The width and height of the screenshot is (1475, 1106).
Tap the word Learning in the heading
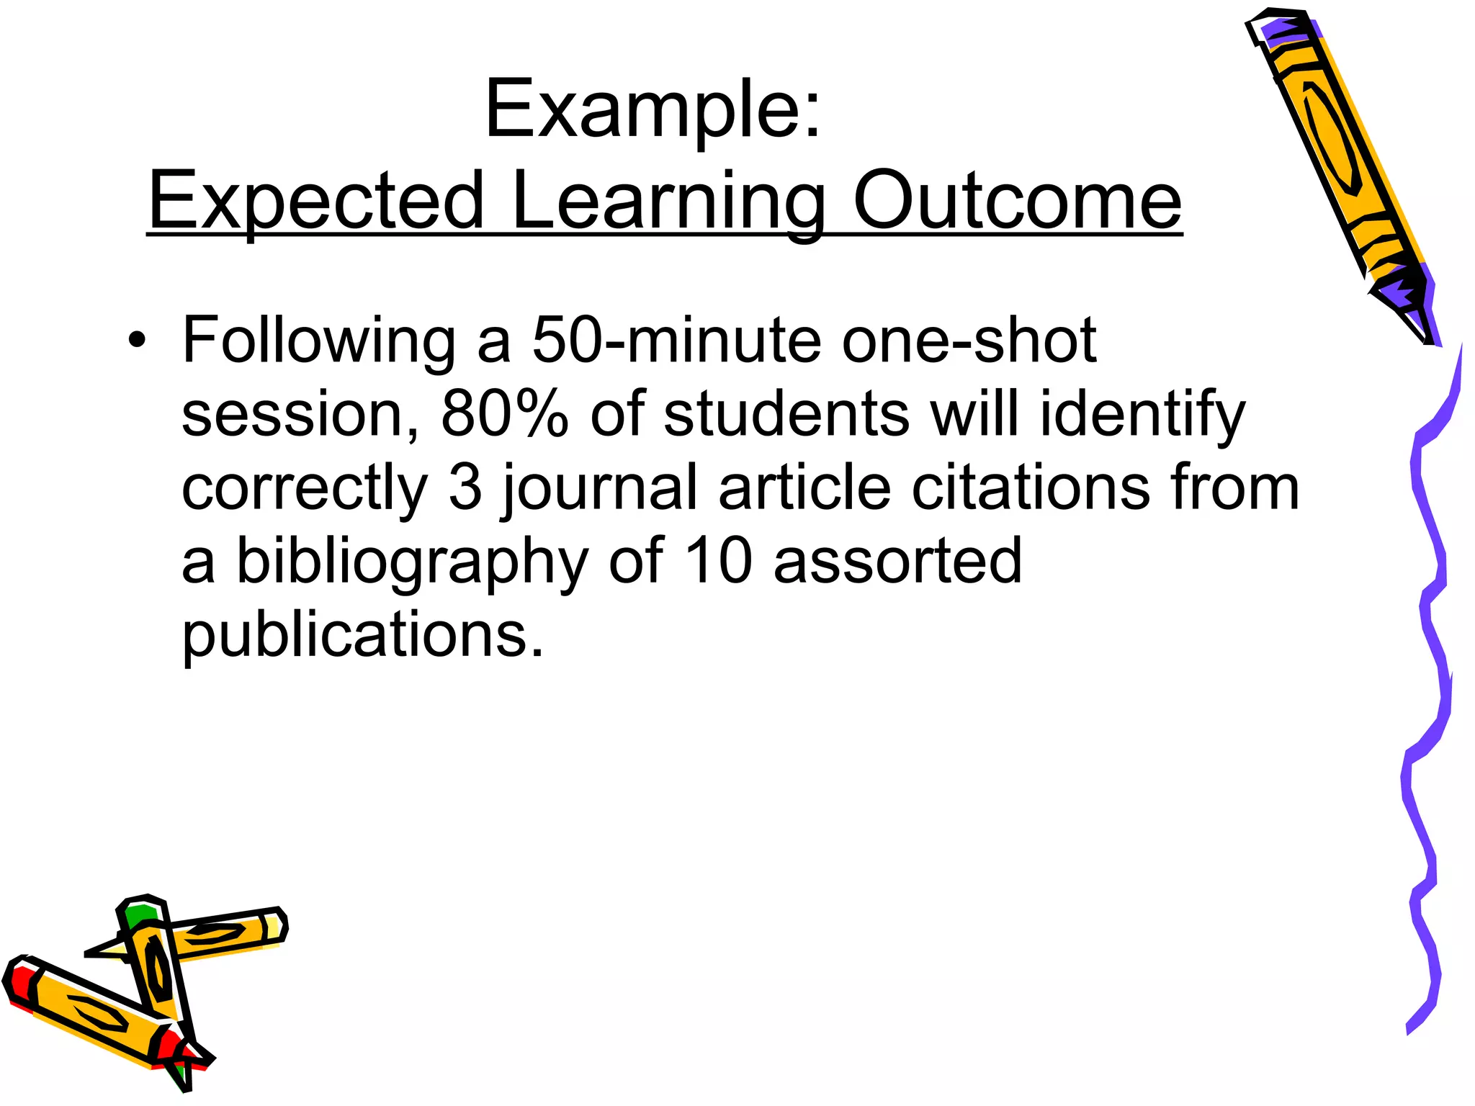coord(669,202)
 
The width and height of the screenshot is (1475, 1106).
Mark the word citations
coord(1031,487)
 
